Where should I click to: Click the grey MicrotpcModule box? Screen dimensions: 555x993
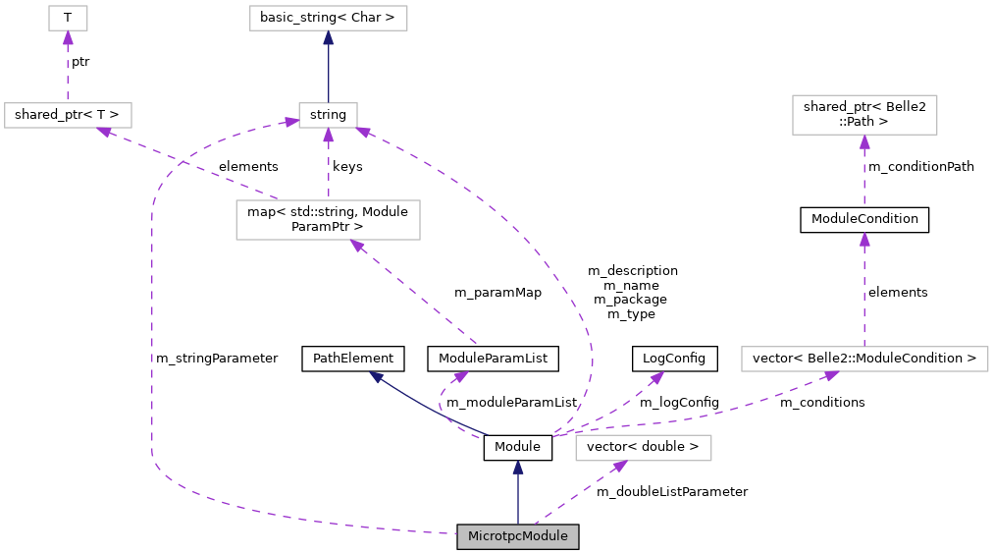click(x=517, y=536)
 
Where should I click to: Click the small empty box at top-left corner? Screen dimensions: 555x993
click(x=68, y=18)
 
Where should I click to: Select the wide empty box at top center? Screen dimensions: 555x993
click(x=328, y=18)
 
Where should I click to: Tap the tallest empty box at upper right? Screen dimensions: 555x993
click(x=864, y=115)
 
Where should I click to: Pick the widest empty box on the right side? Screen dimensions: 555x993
click(x=864, y=359)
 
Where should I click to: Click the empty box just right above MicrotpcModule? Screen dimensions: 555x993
click(x=643, y=448)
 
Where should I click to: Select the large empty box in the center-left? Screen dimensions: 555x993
click(x=328, y=220)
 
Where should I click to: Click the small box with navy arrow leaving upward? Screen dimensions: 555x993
click(x=328, y=115)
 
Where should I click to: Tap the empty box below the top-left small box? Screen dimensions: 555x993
click(x=68, y=115)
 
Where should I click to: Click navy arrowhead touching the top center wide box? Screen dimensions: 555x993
click(x=328, y=38)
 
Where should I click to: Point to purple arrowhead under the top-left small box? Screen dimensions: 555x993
click(x=68, y=38)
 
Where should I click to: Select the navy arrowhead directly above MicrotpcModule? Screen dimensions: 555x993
click(x=518, y=468)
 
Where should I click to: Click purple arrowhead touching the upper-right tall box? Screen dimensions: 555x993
click(x=864, y=142)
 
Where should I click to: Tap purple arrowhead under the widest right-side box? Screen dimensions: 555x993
click(x=830, y=375)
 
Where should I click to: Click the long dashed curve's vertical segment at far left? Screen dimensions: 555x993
click(x=152, y=334)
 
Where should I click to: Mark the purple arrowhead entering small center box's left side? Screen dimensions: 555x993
click(x=291, y=122)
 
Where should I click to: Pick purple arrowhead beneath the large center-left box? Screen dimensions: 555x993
click(x=358, y=246)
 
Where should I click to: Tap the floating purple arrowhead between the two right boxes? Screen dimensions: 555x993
click(x=864, y=240)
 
